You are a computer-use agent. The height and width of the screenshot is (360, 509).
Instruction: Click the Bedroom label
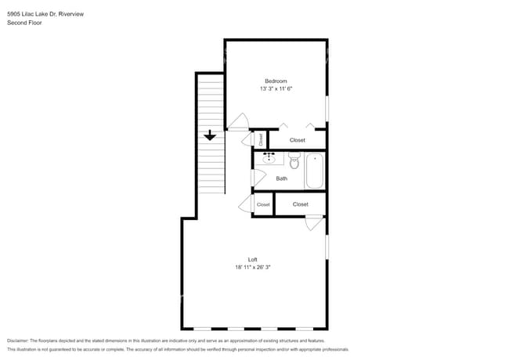[x=276, y=81]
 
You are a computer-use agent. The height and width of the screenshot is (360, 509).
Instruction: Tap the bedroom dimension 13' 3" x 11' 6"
[x=276, y=89]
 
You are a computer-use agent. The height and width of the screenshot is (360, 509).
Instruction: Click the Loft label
[x=252, y=259]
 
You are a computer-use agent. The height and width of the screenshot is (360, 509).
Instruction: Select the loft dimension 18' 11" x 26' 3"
[x=252, y=267]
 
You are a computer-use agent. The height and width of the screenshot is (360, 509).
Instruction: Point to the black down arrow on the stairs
[x=209, y=135]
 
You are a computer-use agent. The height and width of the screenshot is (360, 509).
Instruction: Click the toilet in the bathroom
[x=294, y=161]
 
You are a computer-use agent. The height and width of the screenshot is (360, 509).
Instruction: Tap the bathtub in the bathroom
[x=315, y=171]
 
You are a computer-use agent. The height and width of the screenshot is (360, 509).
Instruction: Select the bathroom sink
[x=269, y=158]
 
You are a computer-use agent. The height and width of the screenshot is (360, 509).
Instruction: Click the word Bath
[x=281, y=178]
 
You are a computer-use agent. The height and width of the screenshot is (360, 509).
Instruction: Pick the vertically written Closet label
[x=261, y=139]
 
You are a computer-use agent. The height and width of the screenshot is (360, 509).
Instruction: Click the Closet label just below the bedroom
[x=298, y=140]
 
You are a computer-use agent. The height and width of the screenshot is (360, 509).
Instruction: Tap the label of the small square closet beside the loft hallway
[x=263, y=204]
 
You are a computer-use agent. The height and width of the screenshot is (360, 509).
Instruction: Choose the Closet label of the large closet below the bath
[x=300, y=204]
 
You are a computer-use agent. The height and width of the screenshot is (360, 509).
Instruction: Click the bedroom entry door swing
[x=238, y=123]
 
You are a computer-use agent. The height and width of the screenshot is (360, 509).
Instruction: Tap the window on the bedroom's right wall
[x=327, y=108]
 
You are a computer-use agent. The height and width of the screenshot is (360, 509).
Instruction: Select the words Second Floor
[x=24, y=23]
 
